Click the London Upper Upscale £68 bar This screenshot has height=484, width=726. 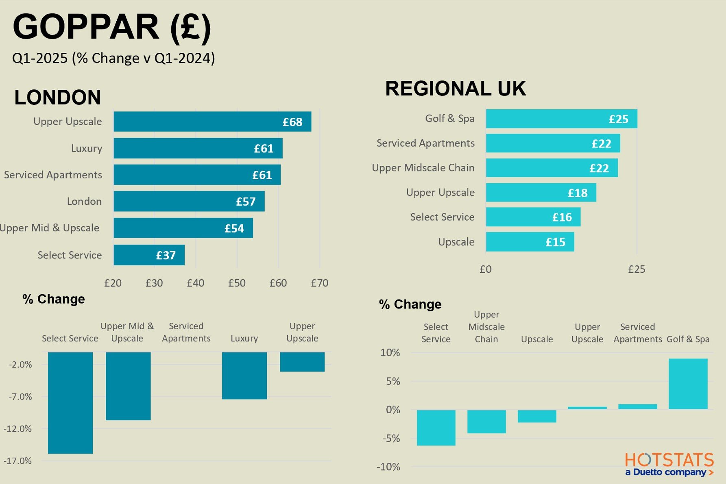[x=212, y=122]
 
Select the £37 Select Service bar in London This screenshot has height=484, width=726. [x=149, y=255]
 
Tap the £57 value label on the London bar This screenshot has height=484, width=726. [x=246, y=202]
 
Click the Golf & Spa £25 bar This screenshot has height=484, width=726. [x=561, y=119]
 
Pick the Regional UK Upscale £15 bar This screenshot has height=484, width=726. [x=530, y=242]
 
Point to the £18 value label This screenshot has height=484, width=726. [x=578, y=193]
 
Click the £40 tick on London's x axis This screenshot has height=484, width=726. [x=196, y=283]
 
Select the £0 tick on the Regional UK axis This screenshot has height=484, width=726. [x=486, y=269]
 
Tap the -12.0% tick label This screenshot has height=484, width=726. [x=18, y=429]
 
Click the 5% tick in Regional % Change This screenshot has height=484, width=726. [x=393, y=381]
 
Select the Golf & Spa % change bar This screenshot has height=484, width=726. [x=688, y=384]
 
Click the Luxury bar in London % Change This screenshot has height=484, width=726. [x=244, y=375]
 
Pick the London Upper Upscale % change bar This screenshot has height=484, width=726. [x=302, y=362]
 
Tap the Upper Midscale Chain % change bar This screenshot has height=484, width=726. [x=486, y=421]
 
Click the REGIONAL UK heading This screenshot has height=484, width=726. [x=456, y=89]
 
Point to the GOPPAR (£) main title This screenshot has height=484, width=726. [x=112, y=27]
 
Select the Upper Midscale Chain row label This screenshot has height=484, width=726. [x=423, y=168]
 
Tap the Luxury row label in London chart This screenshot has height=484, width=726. [x=86, y=148]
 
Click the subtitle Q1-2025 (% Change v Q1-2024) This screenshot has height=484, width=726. [x=113, y=58]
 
